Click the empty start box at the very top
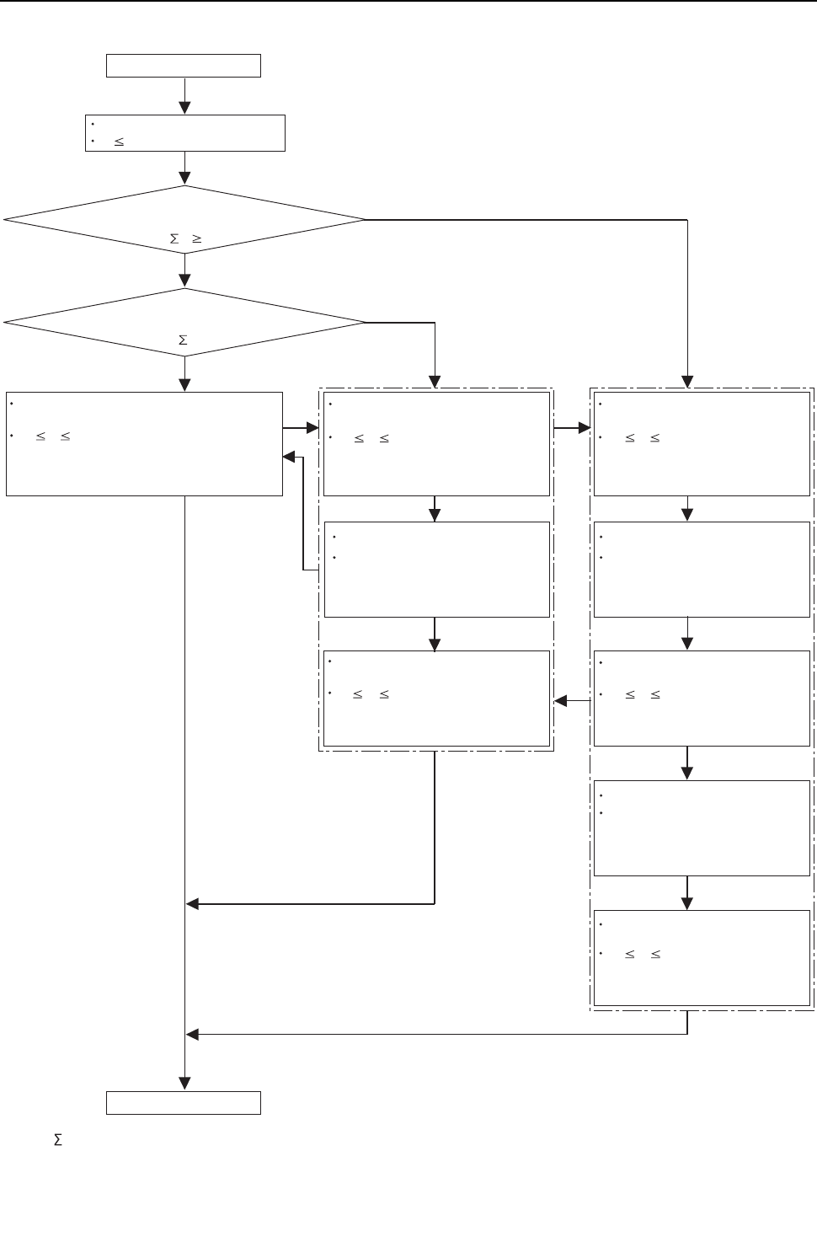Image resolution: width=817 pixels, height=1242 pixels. click(184, 66)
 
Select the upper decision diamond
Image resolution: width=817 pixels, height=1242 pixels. click(184, 219)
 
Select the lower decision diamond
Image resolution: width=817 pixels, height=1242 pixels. click(184, 322)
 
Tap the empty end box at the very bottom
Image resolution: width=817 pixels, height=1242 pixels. click(184, 1103)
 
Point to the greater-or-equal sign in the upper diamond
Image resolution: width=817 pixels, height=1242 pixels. click(196, 239)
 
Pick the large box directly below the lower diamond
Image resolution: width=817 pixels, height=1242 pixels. click(144, 443)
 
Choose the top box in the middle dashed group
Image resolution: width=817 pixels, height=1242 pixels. click(436, 443)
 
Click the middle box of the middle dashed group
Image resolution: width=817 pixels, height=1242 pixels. click(436, 570)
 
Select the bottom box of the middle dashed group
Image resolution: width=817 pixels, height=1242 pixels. click(436, 699)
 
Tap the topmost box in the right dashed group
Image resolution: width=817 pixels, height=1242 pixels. click(702, 443)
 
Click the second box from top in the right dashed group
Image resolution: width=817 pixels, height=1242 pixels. click(702, 570)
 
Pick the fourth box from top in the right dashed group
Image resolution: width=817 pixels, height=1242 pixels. click(702, 828)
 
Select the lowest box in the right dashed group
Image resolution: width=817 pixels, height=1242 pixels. click(702, 958)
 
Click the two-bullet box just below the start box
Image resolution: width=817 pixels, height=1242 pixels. click(185, 133)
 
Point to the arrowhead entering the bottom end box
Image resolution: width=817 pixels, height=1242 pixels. click(184, 1084)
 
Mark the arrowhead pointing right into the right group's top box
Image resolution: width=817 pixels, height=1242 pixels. click(585, 428)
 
